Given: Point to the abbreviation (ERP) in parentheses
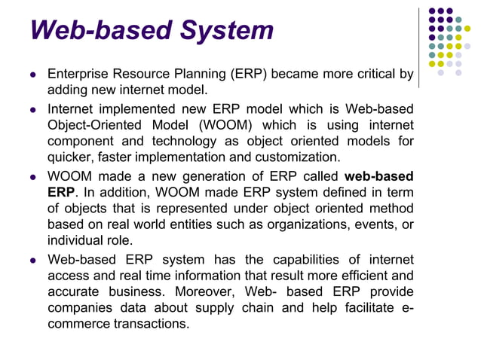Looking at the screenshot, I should [x=247, y=75].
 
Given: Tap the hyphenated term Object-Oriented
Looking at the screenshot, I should [x=96, y=124].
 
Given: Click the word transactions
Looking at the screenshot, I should [x=149, y=325].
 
